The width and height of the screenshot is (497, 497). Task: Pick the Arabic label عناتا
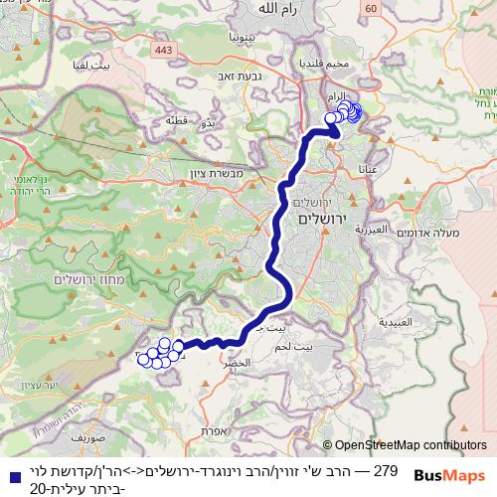(x=369, y=171)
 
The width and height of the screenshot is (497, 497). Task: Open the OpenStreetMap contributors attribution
(x=411, y=446)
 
